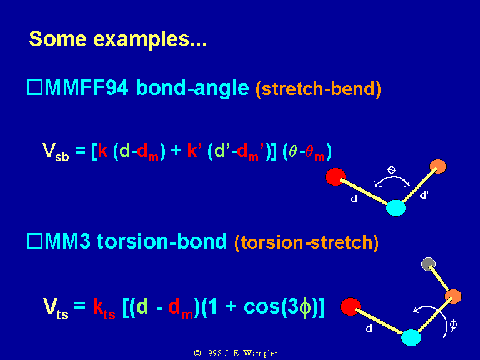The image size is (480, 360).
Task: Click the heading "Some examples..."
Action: (x=118, y=39)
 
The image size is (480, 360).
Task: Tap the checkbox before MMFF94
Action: (x=34, y=87)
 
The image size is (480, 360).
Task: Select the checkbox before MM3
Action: (x=34, y=241)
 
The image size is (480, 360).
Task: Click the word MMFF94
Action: (x=86, y=88)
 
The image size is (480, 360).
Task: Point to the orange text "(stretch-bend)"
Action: (x=318, y=89)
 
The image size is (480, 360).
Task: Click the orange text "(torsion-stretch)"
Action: (x=307, y=242)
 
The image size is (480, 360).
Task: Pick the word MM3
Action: (x=67, y=241)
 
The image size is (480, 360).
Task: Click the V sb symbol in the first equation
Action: (x=56, y=152)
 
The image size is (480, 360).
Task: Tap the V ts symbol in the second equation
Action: (x=56, y=309)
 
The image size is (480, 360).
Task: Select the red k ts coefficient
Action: (x=104, y=309)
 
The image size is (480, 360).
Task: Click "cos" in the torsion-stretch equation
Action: (x=262, y=306)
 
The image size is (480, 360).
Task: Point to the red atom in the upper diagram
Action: (x=336, y=177)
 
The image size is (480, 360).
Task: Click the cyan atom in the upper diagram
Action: (x=396, y=208)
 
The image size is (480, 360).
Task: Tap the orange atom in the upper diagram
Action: (x=438, y=166)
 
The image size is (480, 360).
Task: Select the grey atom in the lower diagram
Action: (x=428, y=264)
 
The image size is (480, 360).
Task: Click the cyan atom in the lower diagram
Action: (x=411, y=337)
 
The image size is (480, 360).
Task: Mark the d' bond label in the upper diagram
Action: (x=424, y=195)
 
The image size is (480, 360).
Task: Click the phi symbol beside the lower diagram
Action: (x=453, y=324)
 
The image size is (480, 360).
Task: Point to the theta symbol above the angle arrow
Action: (x=391, y=170)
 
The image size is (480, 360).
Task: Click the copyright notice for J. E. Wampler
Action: (x=236, y=353)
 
